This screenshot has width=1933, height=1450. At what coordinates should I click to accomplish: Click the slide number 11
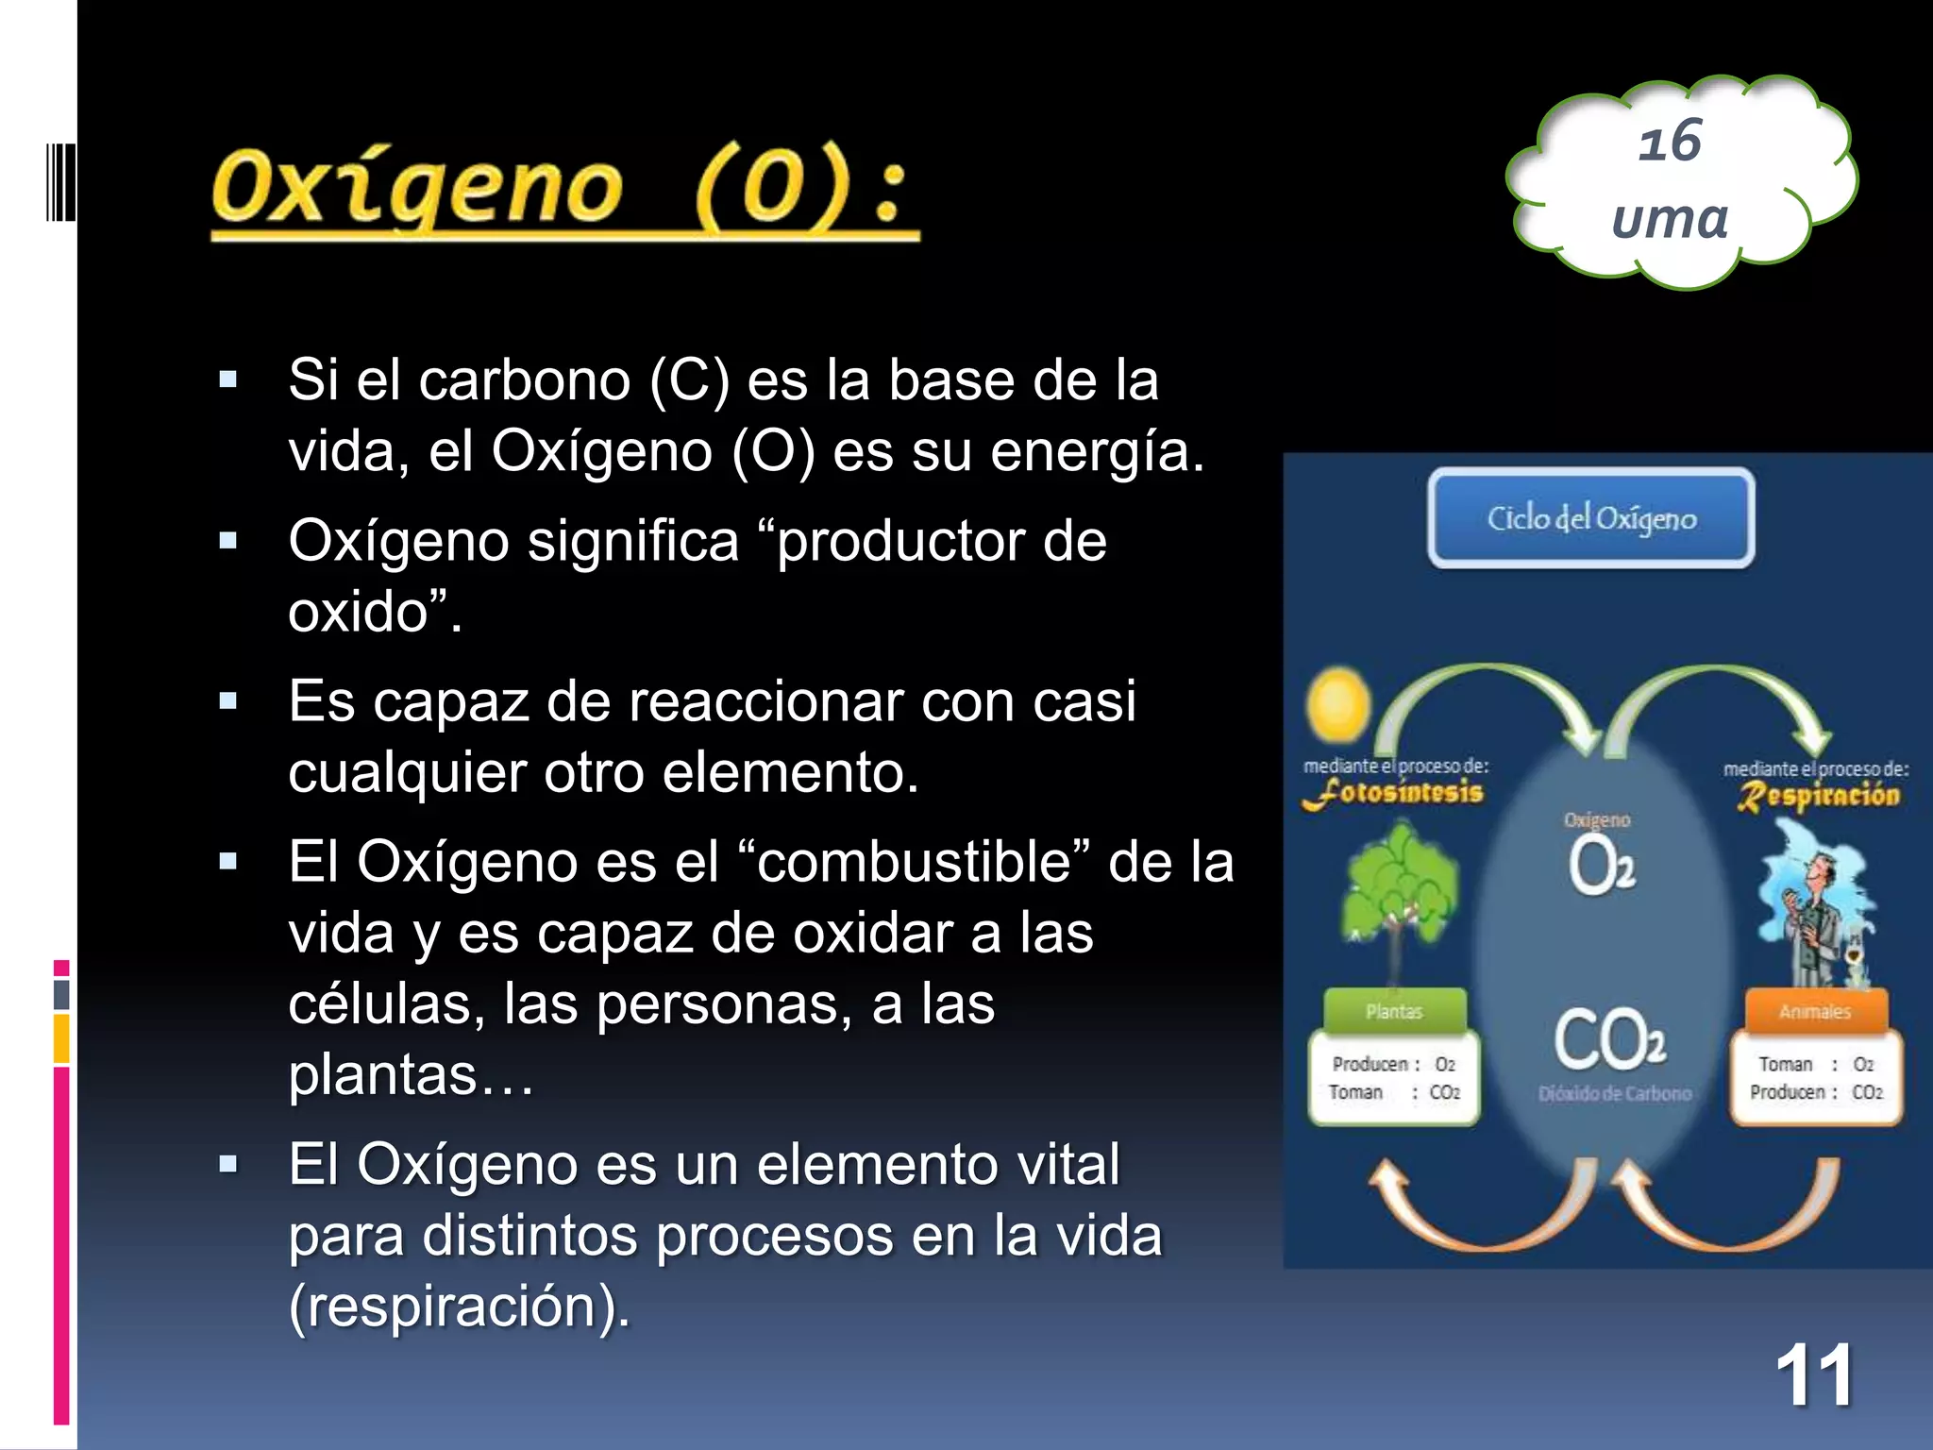[x=1813, y=1376]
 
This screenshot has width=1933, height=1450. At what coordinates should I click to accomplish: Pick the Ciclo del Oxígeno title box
[x=1591, y=518]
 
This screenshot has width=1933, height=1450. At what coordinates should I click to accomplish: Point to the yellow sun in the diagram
[x=1338, y=703]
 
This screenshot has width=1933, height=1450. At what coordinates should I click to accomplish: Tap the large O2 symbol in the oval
[x=1601, y=867]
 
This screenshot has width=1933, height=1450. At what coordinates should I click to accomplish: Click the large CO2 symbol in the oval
[x=1609, y=1039]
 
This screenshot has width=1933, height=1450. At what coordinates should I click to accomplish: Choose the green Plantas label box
[x=1394, y=1011]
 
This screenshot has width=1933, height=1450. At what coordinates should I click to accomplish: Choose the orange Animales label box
[x=1814, y=1011]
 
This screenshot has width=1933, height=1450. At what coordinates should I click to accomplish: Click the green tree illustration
[x=1399, y=887]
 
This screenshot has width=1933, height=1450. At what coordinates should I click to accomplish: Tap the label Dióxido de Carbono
[x=1614, y=1094]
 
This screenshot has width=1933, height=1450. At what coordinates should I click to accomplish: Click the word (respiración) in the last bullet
[x=459, y=1307]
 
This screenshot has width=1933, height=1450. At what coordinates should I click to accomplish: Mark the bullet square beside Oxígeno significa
[x=227, y=542]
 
